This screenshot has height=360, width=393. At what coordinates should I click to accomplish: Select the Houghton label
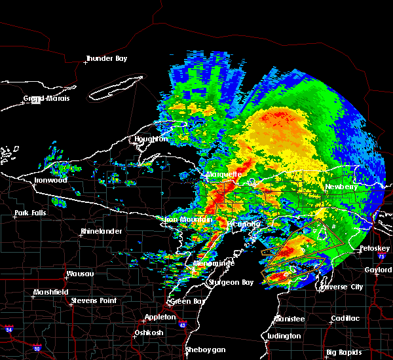click(151, 139)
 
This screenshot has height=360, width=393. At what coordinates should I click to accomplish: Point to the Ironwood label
click(50, 180)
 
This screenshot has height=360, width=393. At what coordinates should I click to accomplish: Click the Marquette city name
click(224, 175)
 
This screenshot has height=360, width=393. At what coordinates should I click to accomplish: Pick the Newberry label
click(342, 187)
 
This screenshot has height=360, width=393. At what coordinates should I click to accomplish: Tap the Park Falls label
click(31, 213)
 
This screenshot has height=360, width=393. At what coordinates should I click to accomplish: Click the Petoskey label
click(375, 249)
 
